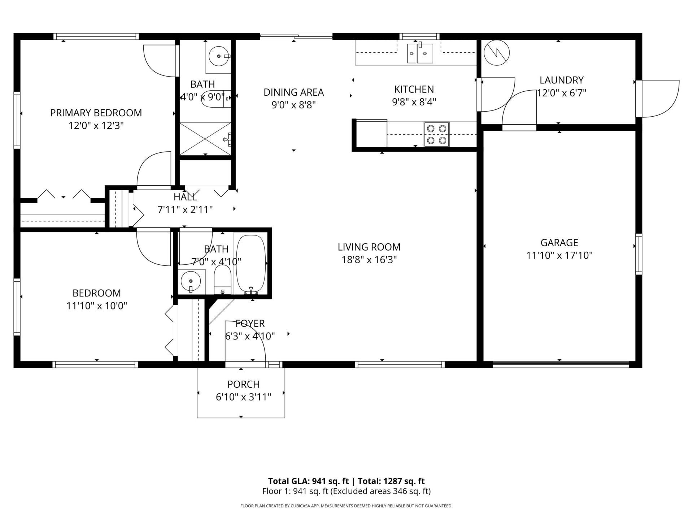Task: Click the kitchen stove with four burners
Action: click(436, 134)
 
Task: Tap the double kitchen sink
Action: click(420, 53)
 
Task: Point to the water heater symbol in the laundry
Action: click(496, 53)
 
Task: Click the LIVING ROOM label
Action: click(369, 247)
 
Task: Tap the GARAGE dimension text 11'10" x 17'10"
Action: click(559, 256)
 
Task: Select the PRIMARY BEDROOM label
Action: click(96, 113)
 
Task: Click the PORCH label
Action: click(243, 384)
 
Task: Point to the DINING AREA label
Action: click(293, 92)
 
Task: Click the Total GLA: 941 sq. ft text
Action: click(308, 481)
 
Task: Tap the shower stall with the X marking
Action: click(205, 139)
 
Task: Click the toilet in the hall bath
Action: click(222, 280)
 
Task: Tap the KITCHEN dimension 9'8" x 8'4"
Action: click(414, 102)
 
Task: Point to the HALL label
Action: click(185, 197)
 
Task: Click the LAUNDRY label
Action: click(561, 80)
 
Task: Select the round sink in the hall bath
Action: click(191, 281)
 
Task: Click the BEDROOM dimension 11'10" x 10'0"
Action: click(97, 306)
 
